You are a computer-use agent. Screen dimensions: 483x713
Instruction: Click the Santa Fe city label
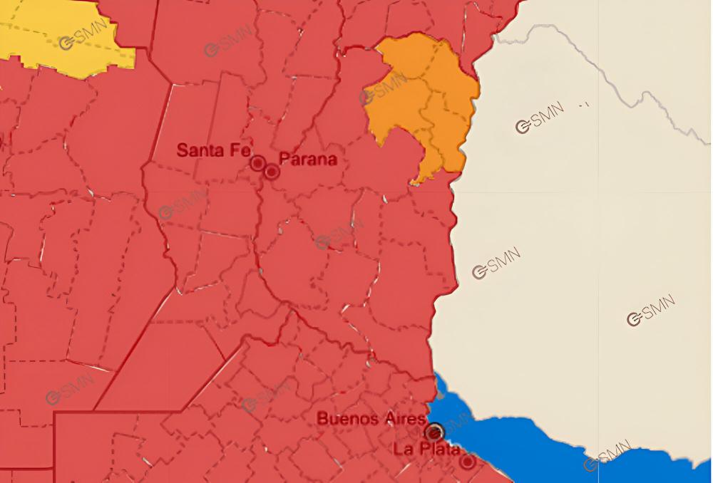click(x=213, y=150)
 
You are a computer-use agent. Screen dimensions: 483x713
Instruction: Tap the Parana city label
click(x=307, y=159)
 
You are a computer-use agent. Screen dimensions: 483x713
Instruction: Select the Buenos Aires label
click(x=371, y=418)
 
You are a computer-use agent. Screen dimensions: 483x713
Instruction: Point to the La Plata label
click(x=426, y=450)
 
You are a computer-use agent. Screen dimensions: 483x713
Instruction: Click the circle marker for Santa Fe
click(x=257, y=163)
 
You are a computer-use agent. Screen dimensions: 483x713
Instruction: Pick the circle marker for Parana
click(x=272, y=171)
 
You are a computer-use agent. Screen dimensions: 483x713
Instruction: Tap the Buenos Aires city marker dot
click(x=435, y=432)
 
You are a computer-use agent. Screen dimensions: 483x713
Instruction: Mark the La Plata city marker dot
click(x=467, y=462)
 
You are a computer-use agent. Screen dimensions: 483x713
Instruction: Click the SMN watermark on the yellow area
click(x=83, y=34)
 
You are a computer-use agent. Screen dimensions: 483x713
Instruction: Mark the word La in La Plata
click(x=401, y=450)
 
